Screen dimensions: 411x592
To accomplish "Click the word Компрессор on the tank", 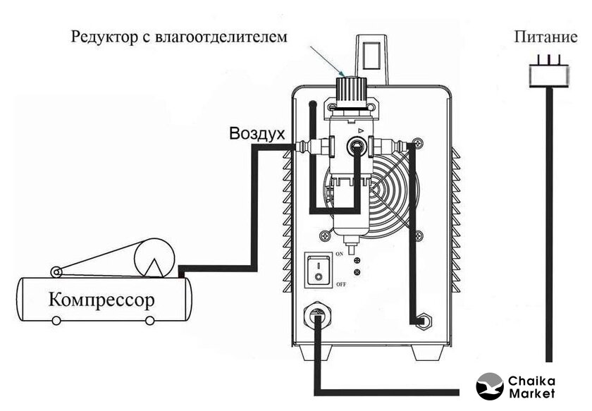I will coord(101,300).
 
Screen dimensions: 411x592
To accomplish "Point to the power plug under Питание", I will coord(548,73).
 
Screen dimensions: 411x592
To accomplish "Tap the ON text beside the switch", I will coord(339,252).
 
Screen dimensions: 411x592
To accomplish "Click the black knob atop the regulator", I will coord(346,90).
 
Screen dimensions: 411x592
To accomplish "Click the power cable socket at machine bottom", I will coord(316,318).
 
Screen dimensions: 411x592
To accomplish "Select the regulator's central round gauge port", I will coord(357,147).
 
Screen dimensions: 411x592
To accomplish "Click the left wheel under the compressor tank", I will coord(56,321).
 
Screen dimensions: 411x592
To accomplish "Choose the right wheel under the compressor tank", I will coord(149,321).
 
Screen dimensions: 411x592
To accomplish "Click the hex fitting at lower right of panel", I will coord(423,320).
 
